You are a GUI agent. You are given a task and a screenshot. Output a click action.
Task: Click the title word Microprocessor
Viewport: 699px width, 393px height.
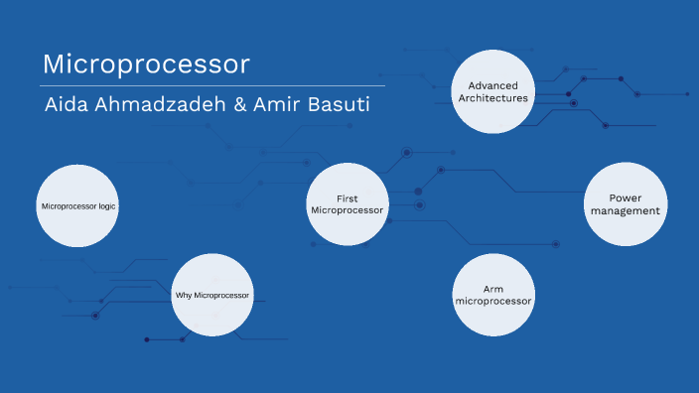coord(146,65)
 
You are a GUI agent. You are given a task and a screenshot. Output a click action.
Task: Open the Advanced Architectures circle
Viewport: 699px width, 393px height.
coord(493,91)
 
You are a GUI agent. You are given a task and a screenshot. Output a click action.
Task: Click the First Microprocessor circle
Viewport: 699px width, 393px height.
coord(348,204)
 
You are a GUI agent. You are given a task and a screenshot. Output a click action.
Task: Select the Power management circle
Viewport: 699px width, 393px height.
coord(625,204)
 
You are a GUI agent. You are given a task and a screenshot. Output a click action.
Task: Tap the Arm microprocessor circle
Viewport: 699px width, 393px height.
coord(493,295)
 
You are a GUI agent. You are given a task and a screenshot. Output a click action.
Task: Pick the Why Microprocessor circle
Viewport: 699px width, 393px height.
coord(212,295)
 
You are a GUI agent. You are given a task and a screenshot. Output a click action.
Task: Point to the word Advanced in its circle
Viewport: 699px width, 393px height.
coord(493,85)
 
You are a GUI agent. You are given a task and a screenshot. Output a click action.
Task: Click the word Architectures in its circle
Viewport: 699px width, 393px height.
coord(493,98)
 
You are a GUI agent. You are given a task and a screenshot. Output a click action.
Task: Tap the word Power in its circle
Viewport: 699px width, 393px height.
coord(625,197)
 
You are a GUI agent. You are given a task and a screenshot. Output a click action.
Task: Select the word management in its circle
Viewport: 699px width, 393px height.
coord(625,210)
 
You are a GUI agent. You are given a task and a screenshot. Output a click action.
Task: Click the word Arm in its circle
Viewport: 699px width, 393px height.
coord(493,289)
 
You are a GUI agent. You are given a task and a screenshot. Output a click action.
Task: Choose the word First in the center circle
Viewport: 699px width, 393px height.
coord(348,198)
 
